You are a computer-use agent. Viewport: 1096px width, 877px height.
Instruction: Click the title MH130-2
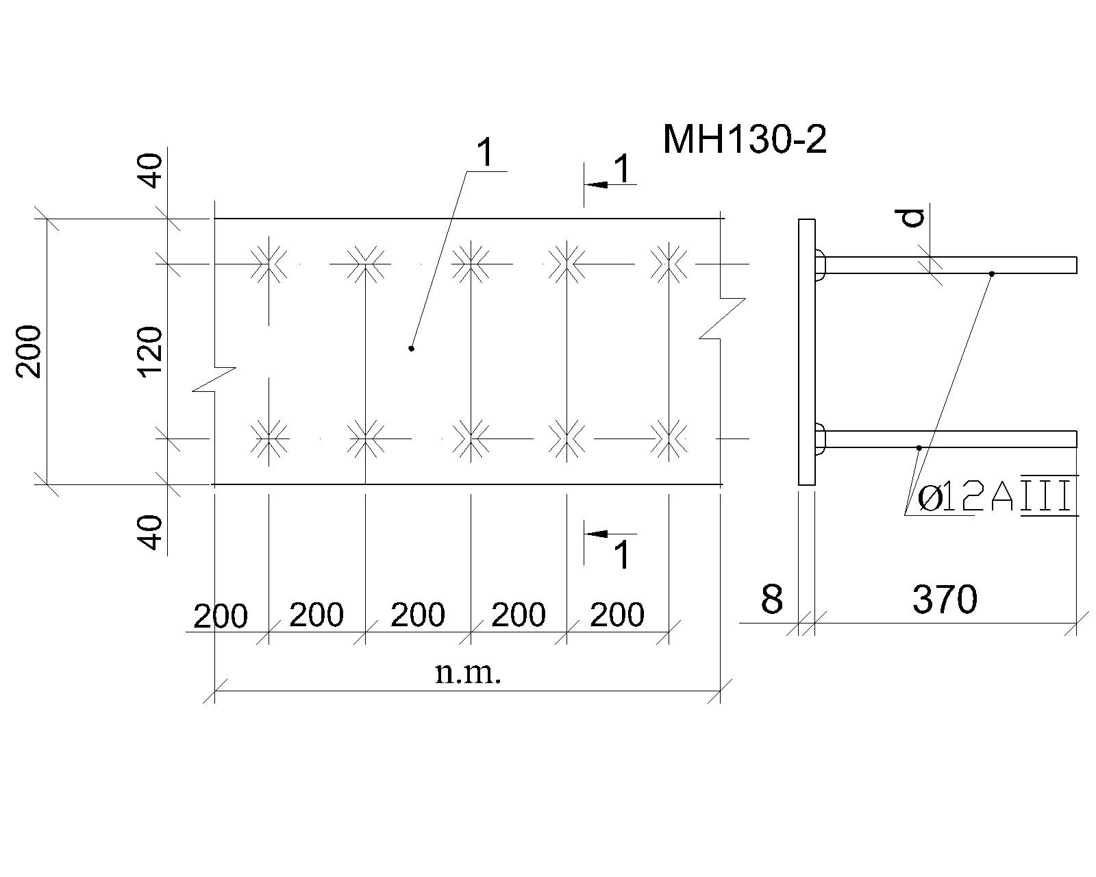(x=745, y=140)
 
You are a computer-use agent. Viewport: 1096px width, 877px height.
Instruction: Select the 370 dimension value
(x=945, y=600)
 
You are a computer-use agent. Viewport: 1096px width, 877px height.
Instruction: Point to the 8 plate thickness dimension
(x=771, y=600)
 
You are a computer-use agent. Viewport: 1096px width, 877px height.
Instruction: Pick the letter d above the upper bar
(x=912, y=219)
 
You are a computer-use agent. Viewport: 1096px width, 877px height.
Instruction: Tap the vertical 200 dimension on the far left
(x=29, y=351)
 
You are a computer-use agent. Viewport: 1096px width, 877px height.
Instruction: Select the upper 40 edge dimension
(x=151, y=171)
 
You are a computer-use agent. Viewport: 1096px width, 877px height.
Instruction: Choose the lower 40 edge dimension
(x=151, y=532)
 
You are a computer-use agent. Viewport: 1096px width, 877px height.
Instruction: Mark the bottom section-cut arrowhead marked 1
(x=597, y=534)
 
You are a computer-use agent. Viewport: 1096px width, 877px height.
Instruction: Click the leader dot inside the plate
(x=412, y=349)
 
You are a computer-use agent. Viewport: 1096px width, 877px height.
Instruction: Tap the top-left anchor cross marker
(x=269, y=264)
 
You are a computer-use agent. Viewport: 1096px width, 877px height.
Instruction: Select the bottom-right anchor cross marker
(x=668, y=438)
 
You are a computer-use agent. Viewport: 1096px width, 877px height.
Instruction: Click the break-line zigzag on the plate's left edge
(x=214, y=379)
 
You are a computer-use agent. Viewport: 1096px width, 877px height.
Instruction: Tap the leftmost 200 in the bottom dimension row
(x=221, y=617)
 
